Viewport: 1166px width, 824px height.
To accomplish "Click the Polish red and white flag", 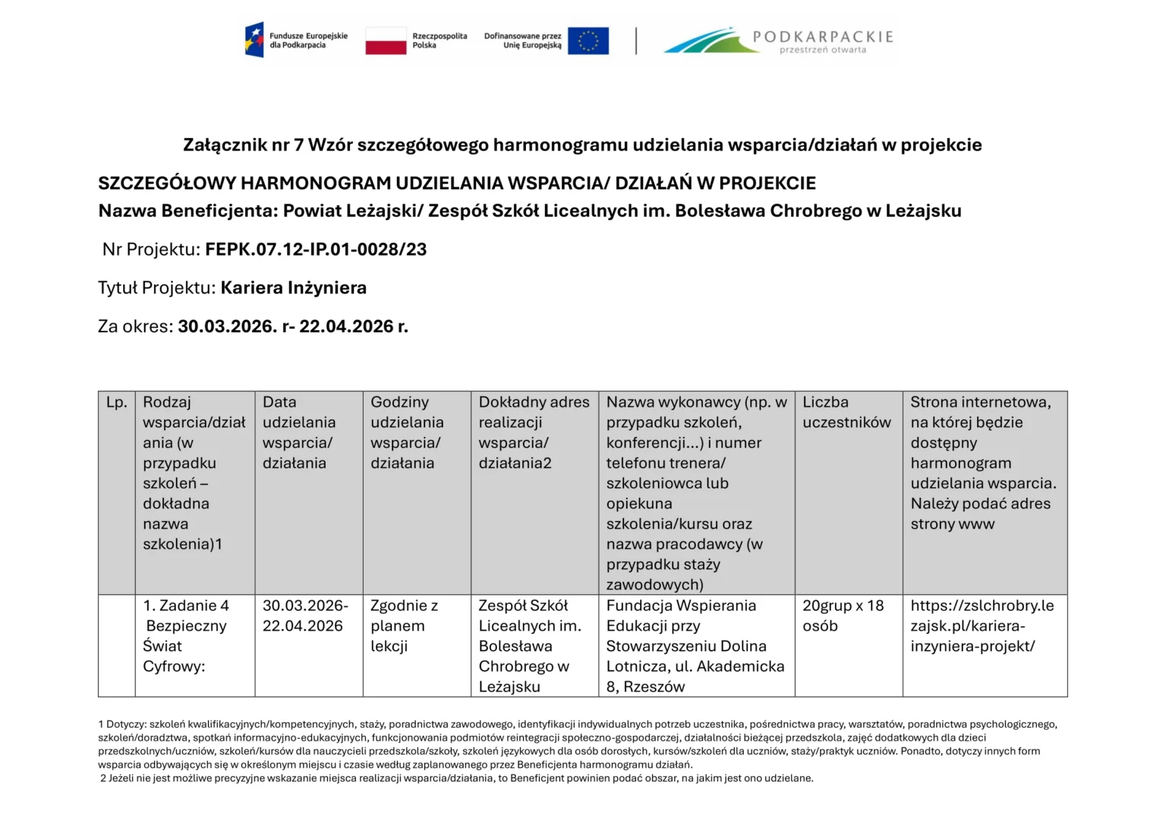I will click(386, 41).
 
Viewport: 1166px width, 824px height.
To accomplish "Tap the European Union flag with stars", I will click(588, 41).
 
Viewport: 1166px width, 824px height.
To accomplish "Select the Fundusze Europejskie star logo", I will click(254, 40).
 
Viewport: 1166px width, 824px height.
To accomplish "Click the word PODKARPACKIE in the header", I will click(823, 36).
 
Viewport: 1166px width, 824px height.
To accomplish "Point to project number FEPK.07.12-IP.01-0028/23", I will click(316, 250).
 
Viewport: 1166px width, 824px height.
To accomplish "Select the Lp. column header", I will click(117, 403).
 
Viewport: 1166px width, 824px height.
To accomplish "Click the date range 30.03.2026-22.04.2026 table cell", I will click(305, 616).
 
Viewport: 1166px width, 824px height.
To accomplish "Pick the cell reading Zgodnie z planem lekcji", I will click(404, 626).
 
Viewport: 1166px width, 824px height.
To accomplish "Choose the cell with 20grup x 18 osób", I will click(843, 616).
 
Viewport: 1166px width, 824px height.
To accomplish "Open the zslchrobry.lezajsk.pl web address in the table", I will click(982, 626).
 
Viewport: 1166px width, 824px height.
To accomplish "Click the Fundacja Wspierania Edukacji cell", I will click(695, 646).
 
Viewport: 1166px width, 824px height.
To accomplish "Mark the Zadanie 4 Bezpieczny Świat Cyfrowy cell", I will click(186, 636).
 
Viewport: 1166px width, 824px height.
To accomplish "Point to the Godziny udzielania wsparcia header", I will click(407, 432).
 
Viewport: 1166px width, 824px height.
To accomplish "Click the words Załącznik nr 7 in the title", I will click(242, 145).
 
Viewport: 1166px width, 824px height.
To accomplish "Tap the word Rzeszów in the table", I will click(654, 687).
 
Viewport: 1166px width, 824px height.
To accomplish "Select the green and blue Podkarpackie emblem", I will click(711, 41).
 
